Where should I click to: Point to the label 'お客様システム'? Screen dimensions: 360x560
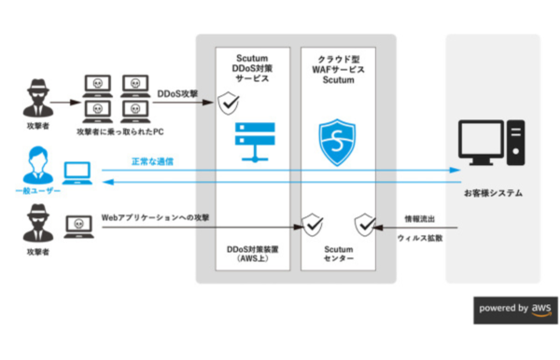[x=494, y=193]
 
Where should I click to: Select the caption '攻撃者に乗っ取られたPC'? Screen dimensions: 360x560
[x=119, y=132]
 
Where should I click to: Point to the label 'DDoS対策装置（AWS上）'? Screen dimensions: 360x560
[x=248, y=255]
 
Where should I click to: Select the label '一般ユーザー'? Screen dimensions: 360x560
[x=36, y=190]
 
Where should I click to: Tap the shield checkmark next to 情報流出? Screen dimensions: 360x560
[x=365, y=224]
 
